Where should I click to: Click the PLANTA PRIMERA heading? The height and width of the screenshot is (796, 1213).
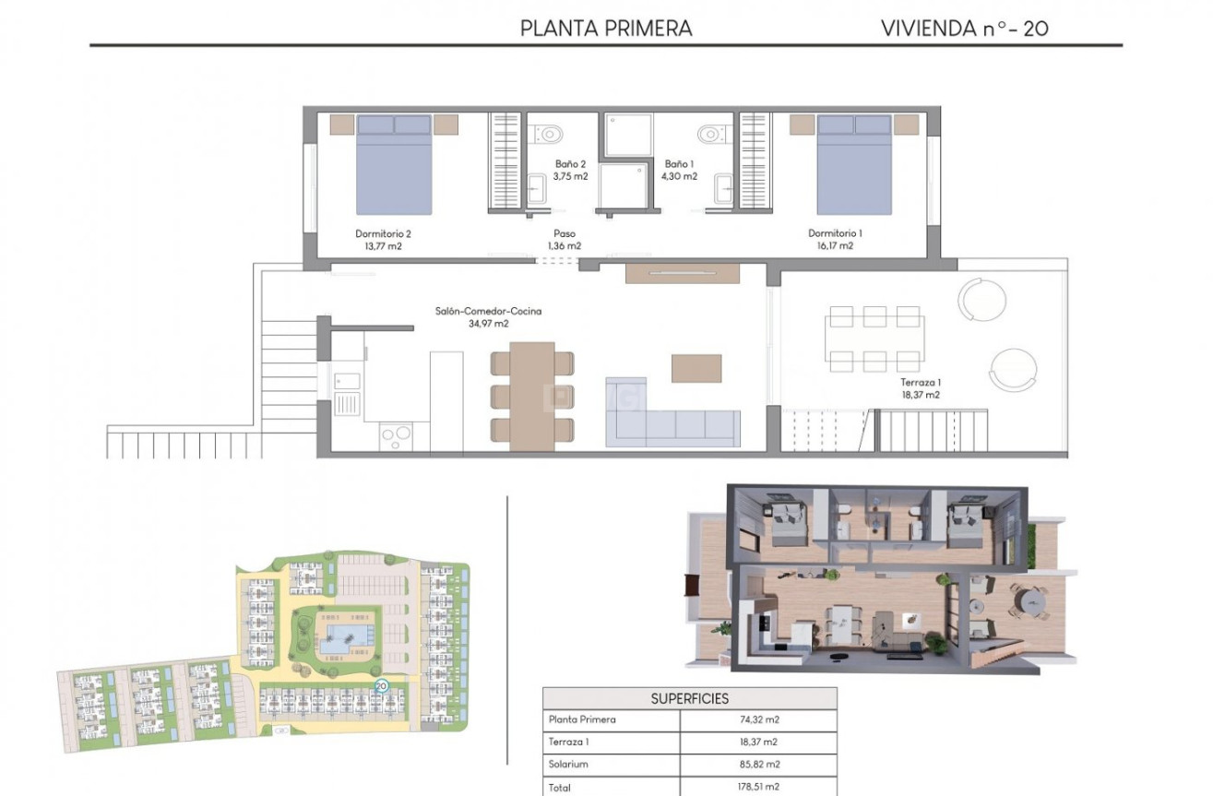[x=605, y=28]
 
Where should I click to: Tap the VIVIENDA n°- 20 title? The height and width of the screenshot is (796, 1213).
[x=964, y=28]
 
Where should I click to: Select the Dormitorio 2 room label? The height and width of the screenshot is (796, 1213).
[x=383, y=233]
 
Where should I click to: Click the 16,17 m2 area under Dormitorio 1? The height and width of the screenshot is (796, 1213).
[x=835, y=246]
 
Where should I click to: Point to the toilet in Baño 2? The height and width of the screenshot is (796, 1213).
[x=551, y=133]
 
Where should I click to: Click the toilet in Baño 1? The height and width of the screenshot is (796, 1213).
[x=709, y=133]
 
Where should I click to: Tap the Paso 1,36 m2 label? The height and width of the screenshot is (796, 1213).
[x=565, y=240]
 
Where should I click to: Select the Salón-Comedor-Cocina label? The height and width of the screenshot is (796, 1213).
[x=488, y=312]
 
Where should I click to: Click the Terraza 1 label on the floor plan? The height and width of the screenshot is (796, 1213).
[x=920, y=382]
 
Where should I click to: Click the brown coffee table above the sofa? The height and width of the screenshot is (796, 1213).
[x=696, y=368]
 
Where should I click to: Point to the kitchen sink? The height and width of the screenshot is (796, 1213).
[x=348, y=381]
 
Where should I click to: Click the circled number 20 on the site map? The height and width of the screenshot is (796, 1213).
[x=381, y=686]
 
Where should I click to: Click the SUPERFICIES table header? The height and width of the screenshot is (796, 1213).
[x=689, y=698]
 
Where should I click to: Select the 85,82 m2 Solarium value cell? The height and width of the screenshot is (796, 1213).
[x=758, y=764]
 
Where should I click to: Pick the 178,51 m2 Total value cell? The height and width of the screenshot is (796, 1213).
[x=758, y=787]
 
